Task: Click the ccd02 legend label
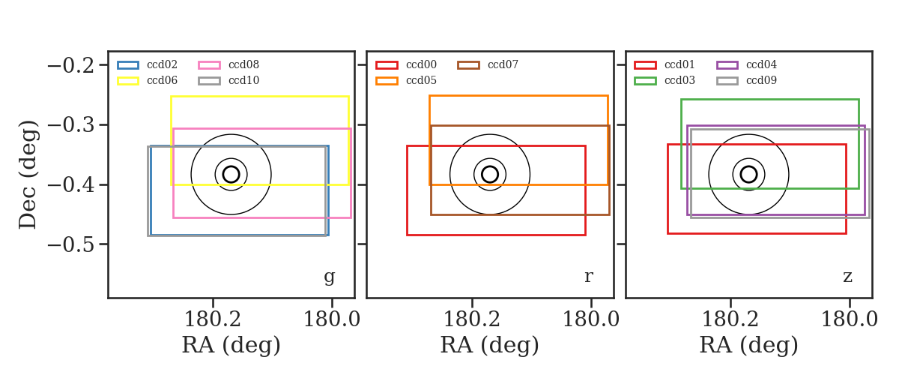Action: coord(162,64)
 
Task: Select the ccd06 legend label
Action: coord(162,80)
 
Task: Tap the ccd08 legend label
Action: coord(243,64)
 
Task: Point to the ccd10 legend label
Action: coord(243,80)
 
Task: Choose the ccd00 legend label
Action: coord(421,64)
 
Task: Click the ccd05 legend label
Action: coord(421,80)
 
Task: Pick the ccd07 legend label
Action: coord(503,64)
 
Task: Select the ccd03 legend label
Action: coord(680,80)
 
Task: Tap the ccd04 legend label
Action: coord(761,64)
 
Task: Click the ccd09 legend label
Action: coord(761,80)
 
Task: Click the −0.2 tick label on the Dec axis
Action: coord(71,65)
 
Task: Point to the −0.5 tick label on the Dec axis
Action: coord(71,244)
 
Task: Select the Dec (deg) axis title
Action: coord(28,175)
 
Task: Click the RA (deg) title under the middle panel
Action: coord(490,345)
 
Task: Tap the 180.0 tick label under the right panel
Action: coord(850,319)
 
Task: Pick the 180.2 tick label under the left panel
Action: coord(212,319)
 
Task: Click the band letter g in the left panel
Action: coord(329,277)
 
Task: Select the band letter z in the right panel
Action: coord(847,277)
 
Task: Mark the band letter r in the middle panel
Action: coord(588,277)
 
